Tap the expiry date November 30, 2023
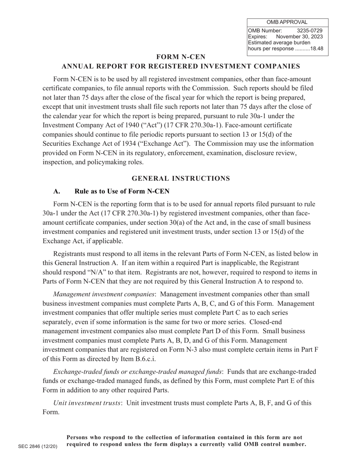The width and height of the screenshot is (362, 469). [x=299, y=37]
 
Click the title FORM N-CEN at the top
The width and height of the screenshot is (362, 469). [x=181, y=57]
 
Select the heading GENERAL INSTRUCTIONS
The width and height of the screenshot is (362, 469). [x=181, y=178]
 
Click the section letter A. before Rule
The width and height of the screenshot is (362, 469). [x=57, y=191]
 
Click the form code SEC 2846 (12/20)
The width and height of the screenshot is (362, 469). [x=38, y=447]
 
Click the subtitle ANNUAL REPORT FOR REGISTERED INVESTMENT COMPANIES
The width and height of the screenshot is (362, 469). [x=181, y=66]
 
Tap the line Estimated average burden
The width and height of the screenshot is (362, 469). [x=279, y=43]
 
